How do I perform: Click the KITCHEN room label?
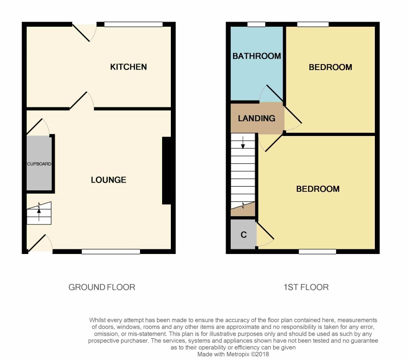[x=128, y=67]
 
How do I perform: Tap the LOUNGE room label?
[x=109, y=180]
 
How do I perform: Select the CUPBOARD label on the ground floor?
[x=39, y=164]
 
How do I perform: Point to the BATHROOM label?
[x=256, y=56]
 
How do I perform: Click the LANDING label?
[x=256, y=118]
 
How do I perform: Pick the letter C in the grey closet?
[x=244, y=235]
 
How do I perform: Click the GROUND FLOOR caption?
[x=102, y=287]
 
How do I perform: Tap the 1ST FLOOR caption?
[x=306, y=287]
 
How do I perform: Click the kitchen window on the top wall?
[x=134, y=24]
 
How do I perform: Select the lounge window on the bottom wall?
[x=111, y=252]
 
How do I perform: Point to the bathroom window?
[x=256, y=24]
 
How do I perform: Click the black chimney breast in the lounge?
[x=167, y=171]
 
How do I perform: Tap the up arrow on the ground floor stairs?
[x=39, y=215]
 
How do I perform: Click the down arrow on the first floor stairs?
[x=243, y=142]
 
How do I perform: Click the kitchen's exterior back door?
[x=81, y=33]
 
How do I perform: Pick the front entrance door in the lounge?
[x=37, y=243]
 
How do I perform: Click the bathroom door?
[x=275, y=93]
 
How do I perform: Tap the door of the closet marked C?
[x=265, y=230]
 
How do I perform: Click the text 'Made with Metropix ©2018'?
[x=233, y=354]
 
